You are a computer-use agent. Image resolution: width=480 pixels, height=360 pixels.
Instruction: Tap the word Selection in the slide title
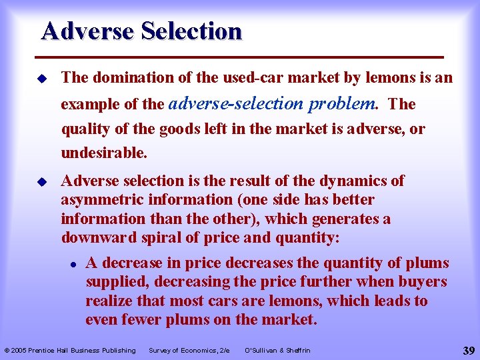(x=191, y=31)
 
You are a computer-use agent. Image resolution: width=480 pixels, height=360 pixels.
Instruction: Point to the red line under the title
(x=242, y=56)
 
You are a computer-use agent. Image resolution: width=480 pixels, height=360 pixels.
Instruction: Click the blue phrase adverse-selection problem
(x=273, y=103)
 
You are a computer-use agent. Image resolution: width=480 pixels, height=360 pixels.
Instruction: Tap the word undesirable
(x=103, y=153)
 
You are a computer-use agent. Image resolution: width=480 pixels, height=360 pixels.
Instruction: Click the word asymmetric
(x=97, y=200)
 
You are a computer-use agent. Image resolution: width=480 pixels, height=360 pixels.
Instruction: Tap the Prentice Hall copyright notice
(x=70, y=351)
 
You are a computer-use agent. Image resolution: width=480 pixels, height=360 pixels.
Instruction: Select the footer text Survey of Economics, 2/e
(x=189, y=351)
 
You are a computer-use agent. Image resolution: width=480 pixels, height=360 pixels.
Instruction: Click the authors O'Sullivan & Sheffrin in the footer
(x=277, y=351)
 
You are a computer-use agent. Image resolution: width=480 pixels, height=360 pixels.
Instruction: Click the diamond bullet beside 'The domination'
(x=42, y=79)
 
